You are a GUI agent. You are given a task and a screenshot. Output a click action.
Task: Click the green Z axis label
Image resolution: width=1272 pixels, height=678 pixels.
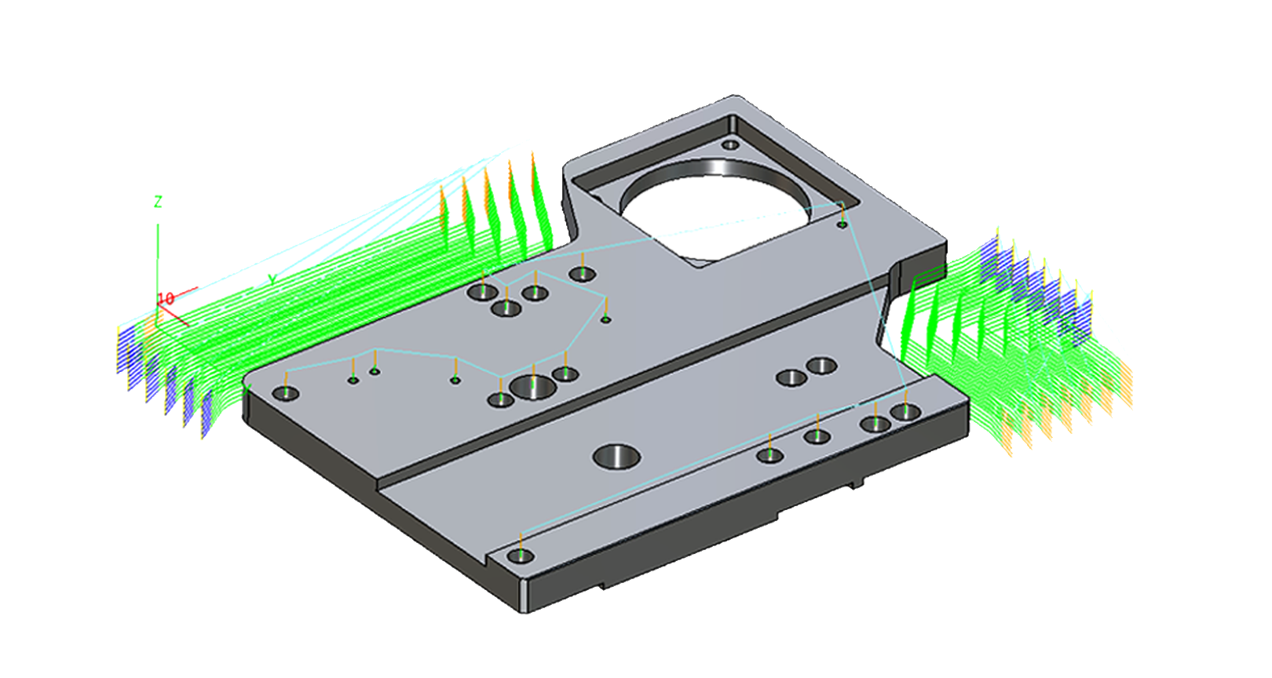(158, 202)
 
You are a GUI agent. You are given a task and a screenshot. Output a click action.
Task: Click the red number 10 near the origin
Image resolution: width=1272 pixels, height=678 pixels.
(166, 299)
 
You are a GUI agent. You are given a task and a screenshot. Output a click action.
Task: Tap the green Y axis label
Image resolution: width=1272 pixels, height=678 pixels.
(272, 279)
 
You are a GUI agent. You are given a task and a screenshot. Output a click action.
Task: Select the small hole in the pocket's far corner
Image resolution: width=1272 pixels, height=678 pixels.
(730, 144)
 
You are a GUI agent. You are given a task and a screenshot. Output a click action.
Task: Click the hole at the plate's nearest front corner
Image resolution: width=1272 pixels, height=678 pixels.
(521, 556)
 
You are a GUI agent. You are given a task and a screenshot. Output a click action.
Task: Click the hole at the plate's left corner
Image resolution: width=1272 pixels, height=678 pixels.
(285, 393)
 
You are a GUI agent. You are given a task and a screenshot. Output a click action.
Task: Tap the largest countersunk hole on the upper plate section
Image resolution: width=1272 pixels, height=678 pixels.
(532, 386)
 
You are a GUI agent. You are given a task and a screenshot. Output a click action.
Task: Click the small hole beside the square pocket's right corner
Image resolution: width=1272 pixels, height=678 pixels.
(842, 224)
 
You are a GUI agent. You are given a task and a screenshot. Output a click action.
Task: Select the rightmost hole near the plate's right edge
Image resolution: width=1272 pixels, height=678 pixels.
(905, 412)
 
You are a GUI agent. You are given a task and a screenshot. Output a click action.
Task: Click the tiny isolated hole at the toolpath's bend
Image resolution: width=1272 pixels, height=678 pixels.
(605, 319)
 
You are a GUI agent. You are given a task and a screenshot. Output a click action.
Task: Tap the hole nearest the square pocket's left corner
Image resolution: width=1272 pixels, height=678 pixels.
(582, 274)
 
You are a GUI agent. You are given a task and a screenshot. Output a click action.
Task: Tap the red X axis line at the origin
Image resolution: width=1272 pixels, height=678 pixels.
(177, 318)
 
